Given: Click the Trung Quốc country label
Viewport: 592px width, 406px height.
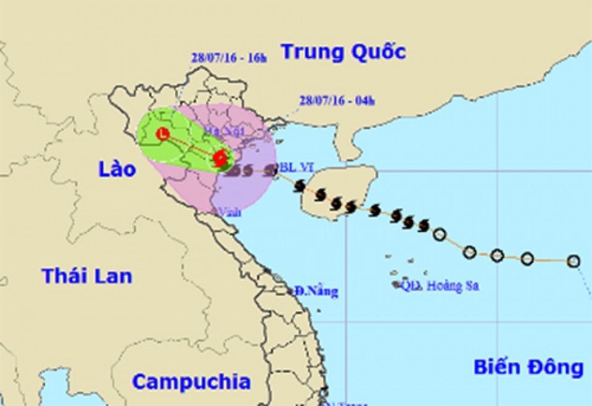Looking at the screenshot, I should [343, 52].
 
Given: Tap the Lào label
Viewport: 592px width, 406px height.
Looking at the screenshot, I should [117, 168].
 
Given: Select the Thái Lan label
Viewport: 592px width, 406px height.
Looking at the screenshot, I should [86, 276].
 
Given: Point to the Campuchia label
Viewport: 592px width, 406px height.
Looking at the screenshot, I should [191, 382].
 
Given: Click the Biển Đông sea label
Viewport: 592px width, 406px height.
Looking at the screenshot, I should [528, 367].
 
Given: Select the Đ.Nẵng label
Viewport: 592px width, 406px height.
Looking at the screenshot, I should [316, 291].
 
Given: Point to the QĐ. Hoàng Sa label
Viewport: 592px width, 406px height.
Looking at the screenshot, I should [440, 286].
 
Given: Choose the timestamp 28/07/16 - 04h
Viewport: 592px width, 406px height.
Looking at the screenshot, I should [336, 100].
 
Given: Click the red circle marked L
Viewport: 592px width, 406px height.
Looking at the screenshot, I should [163, 133].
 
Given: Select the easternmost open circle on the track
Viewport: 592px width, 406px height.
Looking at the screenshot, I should [573, 261].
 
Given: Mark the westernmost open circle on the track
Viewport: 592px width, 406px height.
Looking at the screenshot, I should [439, 234].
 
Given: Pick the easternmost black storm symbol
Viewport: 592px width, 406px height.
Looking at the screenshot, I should [423, 226].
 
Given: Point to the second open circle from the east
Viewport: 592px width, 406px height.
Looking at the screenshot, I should [527, 259].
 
